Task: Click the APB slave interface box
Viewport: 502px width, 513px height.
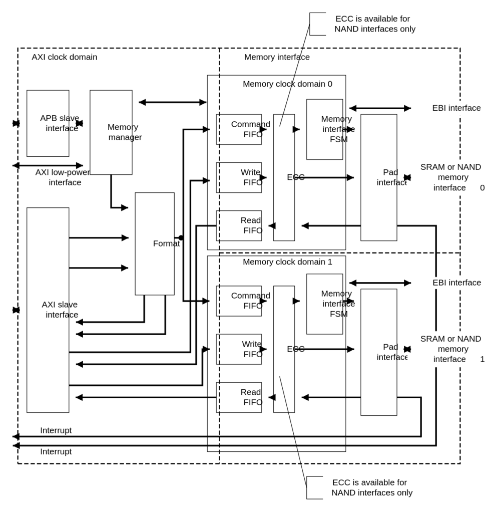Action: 48,123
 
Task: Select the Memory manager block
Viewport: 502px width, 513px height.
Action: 111,132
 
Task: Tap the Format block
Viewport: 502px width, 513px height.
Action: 155,244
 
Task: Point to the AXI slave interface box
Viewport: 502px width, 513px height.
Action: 48,310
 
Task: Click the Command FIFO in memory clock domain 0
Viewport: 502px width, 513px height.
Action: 239,129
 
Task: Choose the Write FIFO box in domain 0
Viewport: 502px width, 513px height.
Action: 239,177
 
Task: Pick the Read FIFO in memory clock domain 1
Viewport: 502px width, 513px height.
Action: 239,397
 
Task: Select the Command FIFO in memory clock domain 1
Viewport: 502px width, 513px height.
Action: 239,301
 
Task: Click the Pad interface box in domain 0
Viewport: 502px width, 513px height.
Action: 379,177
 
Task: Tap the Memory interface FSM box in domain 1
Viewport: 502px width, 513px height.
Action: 324,304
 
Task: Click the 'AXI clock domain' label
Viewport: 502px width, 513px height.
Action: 65,57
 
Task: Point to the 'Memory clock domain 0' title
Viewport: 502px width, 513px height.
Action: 288,84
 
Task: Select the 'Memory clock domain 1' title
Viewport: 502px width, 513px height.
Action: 288,262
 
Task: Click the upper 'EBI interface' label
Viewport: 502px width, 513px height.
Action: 456,108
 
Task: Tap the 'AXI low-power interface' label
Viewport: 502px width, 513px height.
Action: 63,177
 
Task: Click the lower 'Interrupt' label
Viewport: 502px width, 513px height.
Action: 56,451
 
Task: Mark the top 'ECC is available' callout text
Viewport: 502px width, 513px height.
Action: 375,24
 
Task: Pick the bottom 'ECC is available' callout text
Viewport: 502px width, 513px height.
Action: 372,487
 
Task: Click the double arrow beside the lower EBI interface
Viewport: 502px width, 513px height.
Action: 380,283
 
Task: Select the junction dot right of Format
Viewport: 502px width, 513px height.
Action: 181,238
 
